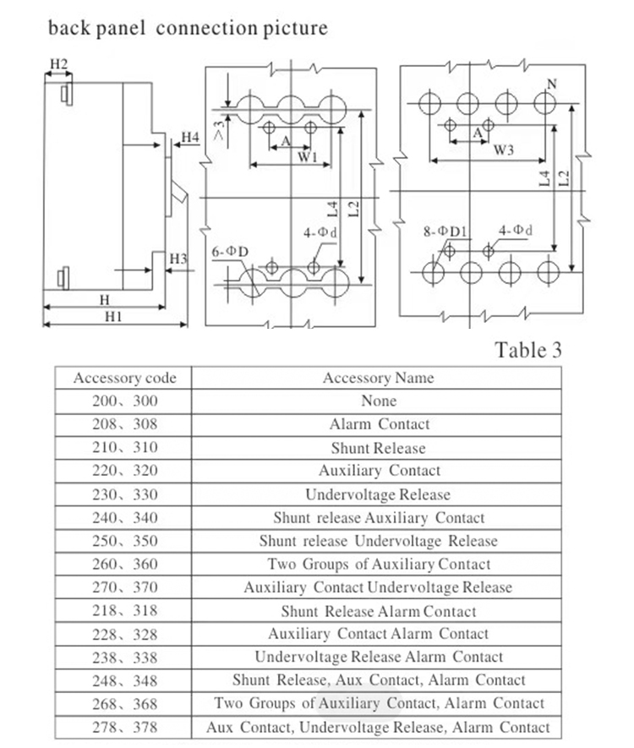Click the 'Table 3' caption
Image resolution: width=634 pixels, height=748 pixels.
click(527, 350)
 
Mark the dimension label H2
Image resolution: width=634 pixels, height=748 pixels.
click(58, 63)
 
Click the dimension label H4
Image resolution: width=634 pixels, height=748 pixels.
click(189, 137)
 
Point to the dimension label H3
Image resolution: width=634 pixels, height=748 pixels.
click(178, 258)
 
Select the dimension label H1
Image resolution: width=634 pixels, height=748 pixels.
click(112, 316)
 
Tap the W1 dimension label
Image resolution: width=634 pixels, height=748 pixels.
click(307, 157)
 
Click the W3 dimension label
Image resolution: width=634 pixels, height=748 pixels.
click(504, 150)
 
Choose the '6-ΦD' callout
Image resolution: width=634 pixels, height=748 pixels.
click(231, 251)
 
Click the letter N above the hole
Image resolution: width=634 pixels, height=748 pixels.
click(551, 84)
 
